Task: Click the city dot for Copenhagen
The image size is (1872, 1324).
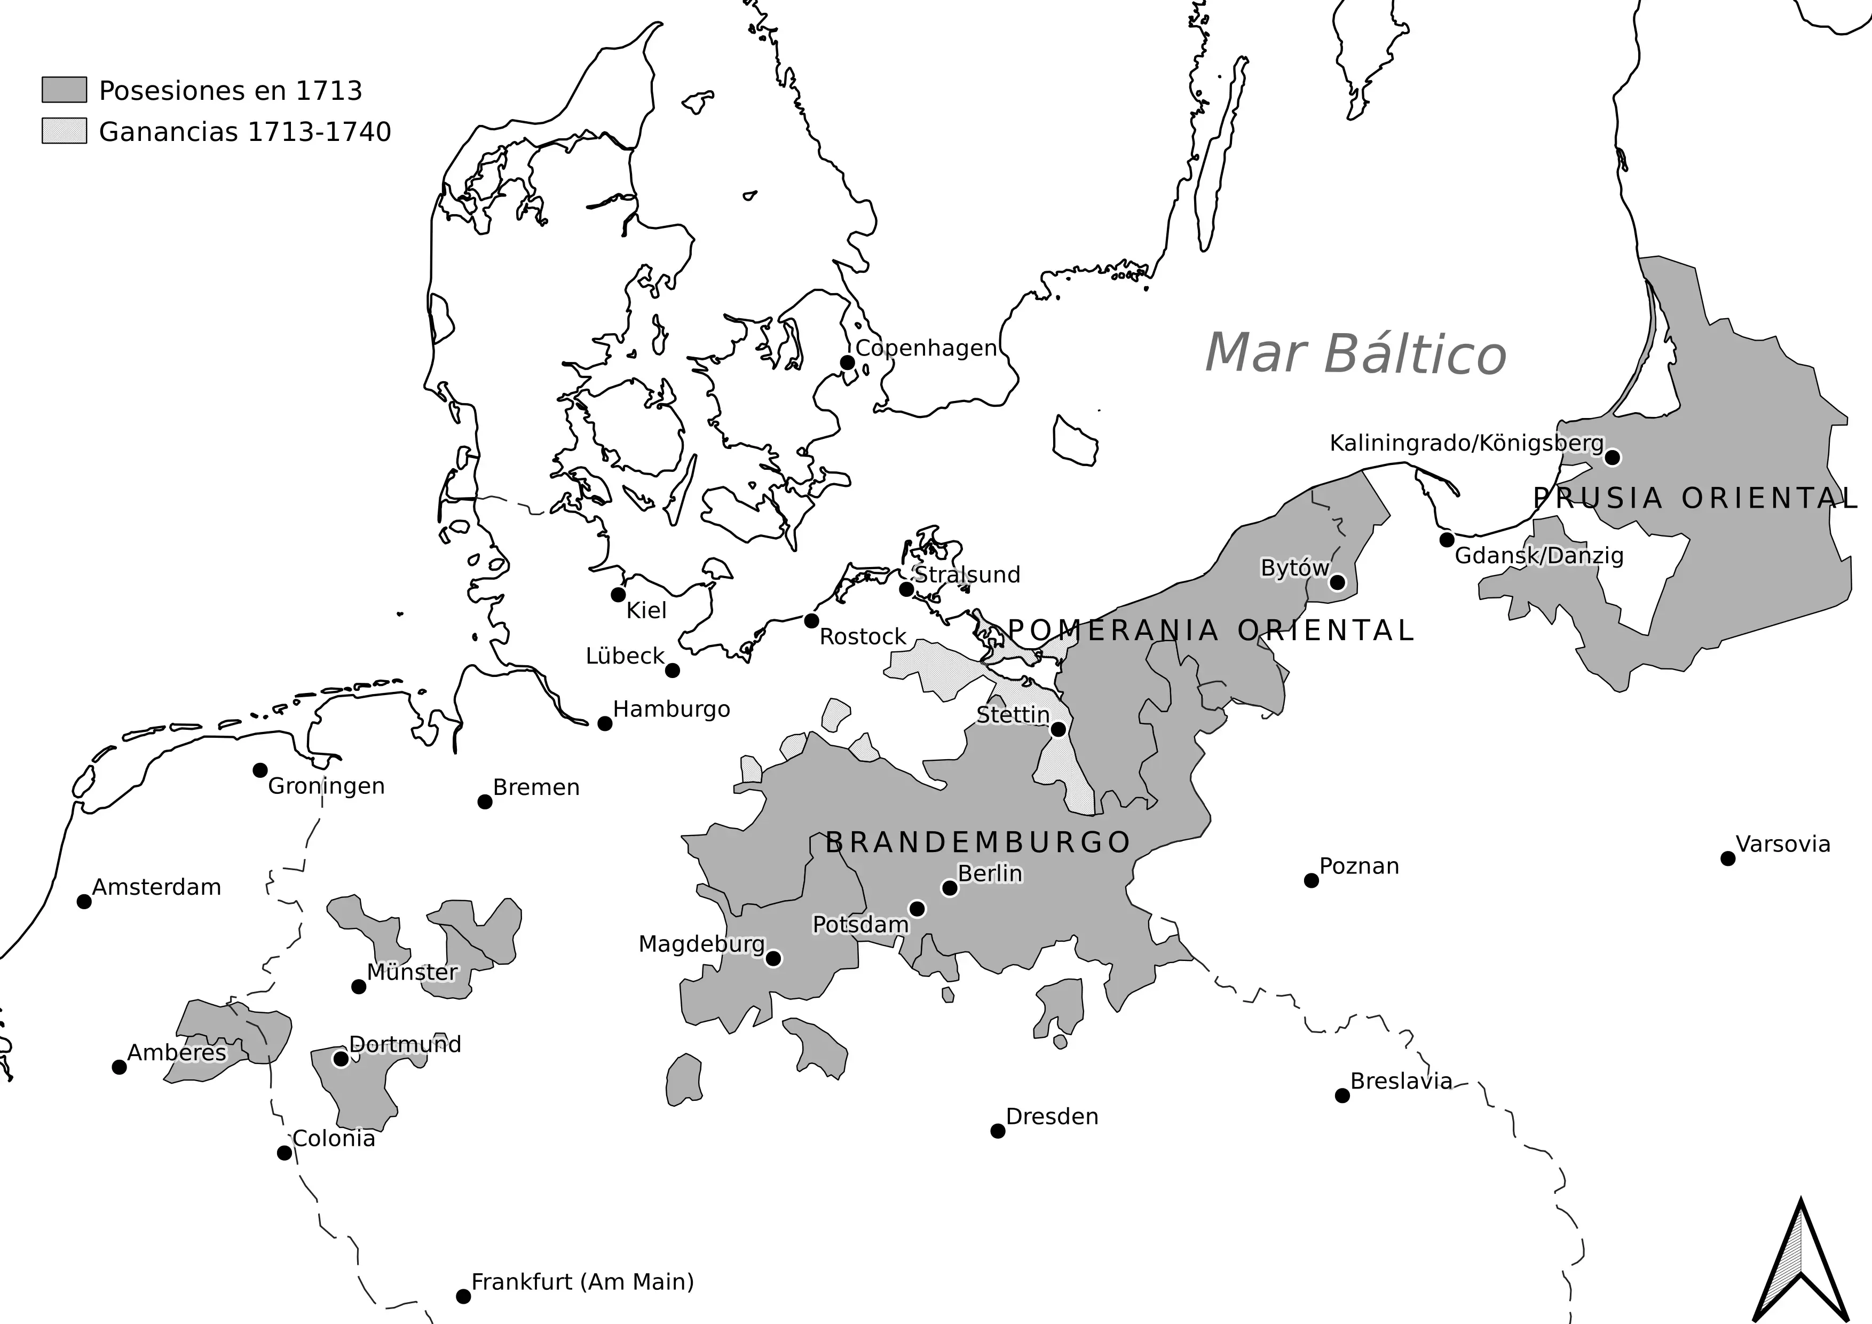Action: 847,362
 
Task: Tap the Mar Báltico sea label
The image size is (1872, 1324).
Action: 1355,354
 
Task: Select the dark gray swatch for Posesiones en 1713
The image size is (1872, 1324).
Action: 65,90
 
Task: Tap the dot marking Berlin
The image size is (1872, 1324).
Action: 949,888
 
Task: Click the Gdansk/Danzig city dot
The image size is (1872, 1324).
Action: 1447,540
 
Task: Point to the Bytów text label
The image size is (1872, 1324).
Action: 1295,568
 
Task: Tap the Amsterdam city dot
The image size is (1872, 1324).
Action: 84,901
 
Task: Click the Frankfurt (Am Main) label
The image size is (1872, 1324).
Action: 582,1282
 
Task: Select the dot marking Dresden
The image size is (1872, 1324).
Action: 997,1131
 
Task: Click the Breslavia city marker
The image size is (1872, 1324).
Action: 1342,1096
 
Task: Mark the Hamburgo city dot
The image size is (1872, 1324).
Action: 604,723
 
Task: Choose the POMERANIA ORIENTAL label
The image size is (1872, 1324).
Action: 1211,630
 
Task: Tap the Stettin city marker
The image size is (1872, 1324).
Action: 1057,729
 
